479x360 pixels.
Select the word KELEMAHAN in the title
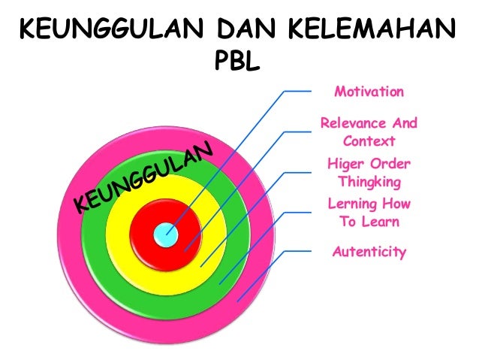pyautogui.click(x=371, y=33)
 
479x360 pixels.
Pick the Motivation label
pyautogui.click(x=369, y=92)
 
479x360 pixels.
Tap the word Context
pyautogui.click(x=369, y=141)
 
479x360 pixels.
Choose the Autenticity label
pyautogui.click(x=369, y=252)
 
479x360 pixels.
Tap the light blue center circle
pyautogui.click(x=165, y=234)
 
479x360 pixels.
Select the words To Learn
pyautogui.click(x=369, y=222)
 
